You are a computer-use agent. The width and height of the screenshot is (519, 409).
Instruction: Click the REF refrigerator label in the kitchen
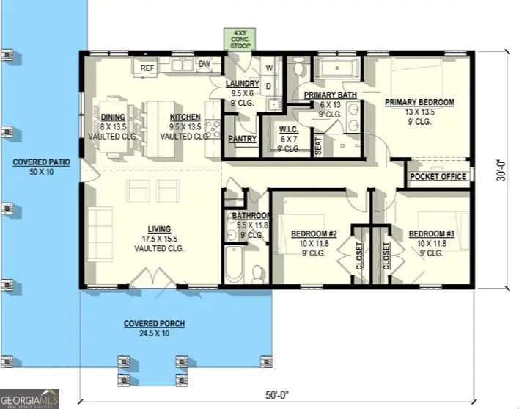click(147, 68)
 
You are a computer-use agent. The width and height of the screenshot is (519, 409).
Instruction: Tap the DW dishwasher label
click(205, 65)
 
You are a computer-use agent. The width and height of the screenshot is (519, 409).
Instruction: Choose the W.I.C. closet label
click(287, 130)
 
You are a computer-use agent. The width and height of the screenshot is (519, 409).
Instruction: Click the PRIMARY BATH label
click(331, 95)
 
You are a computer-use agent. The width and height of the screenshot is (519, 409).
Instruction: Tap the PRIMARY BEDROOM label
click(420, 102)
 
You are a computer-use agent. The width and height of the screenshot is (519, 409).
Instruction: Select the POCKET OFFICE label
click(438, 177)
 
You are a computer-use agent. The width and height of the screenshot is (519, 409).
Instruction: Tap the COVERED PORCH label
click(154, 324)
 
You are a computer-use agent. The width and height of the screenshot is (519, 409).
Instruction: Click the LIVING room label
click(158, 228)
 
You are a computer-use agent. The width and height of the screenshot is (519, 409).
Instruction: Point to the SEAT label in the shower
click(318, 145)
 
